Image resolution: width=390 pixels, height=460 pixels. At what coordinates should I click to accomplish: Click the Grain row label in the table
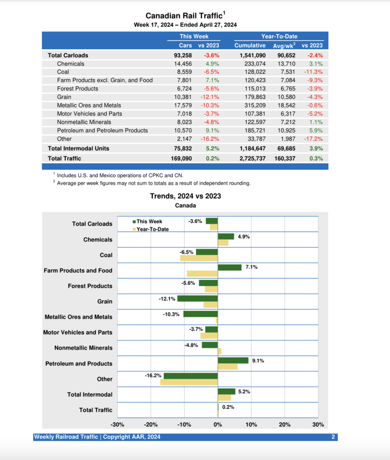pyautogui.click(x=64, y=97)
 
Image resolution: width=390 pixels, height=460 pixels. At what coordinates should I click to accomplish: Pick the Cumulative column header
pyautogui.click(x=250, y=45)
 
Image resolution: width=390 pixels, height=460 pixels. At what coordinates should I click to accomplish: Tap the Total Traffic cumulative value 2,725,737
pyautogui.click(x=250, y=158)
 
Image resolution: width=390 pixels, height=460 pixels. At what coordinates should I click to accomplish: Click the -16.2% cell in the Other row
pyautogui.click(x=211, y=139)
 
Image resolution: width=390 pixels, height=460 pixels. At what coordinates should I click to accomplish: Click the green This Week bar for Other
pyautogui.click(x=191, y=376)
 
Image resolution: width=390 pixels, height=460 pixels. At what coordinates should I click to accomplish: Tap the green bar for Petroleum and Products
pyautogui.click(x=233, y=360)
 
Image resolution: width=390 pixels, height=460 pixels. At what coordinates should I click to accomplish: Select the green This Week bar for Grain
pyautogui.click(x=197, y=298)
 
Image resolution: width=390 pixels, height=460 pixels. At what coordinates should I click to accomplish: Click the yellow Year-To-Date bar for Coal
pyautogui.click(x=199, y=258)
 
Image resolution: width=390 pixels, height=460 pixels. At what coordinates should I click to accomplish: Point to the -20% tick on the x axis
pyautogui.click(x=151, y=425)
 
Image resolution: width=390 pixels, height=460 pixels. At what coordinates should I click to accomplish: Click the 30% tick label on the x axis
pyautogui.click(x=318, y=425)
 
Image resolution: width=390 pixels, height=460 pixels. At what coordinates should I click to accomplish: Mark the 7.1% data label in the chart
pyautogui.click(x=252, y=267)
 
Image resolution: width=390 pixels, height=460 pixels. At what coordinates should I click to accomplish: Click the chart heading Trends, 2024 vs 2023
pyautogui.click(x=185, y=196)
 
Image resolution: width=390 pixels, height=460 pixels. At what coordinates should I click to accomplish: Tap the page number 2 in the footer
pyautogui.click(x=333, y=437)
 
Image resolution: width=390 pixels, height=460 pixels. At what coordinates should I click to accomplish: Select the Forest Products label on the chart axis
pyautogui.click(x=90, y=286)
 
